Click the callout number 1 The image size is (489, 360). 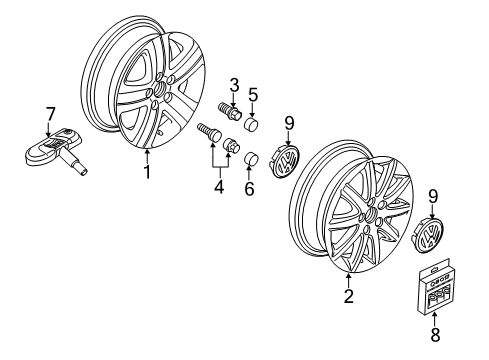[147, 172]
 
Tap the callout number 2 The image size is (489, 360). [349, 295]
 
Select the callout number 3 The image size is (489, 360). [234, 85]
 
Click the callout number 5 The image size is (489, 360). [253, 95]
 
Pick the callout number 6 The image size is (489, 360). [249, 189]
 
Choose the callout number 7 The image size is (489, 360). [49, 114]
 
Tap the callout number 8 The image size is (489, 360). [435, 334]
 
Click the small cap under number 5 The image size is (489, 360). [251, 124]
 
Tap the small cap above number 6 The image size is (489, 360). [251, 158]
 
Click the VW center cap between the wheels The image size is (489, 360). [284, 160]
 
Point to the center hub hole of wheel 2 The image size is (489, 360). [371, 214]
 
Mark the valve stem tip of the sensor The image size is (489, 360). [84, 172]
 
